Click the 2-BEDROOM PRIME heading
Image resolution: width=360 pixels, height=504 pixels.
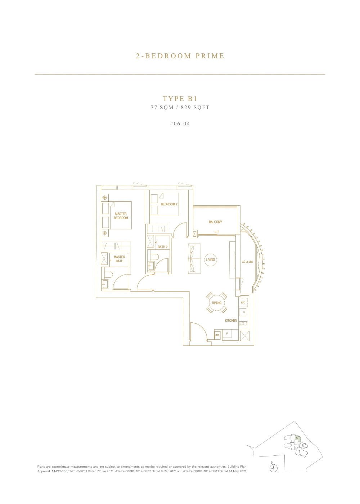(180, 56)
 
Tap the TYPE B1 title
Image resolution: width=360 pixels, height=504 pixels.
(180, 98)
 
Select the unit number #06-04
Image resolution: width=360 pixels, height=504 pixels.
(180, 124)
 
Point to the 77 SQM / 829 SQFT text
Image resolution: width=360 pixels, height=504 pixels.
(180, 107)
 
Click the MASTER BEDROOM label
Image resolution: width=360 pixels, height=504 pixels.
(121, 216)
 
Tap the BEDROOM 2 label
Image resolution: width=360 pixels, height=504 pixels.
(169, 204)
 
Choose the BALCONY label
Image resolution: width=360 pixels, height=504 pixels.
(215, 222)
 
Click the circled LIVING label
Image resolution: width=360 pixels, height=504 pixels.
(210, 259)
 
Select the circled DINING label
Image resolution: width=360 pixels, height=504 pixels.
(217, 303)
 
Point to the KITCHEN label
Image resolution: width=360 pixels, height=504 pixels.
(231, 320)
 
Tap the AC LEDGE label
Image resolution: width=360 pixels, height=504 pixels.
(248, 262)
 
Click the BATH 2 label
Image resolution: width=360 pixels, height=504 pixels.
(162, 247)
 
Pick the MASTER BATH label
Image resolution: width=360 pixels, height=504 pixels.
(120, 259)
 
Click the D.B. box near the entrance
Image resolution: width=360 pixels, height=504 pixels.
(217, 335)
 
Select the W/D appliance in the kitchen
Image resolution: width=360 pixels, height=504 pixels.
(243, 303)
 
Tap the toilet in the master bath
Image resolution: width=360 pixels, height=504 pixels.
(107, 275)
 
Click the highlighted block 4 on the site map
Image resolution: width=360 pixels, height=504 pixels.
(297, 438)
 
